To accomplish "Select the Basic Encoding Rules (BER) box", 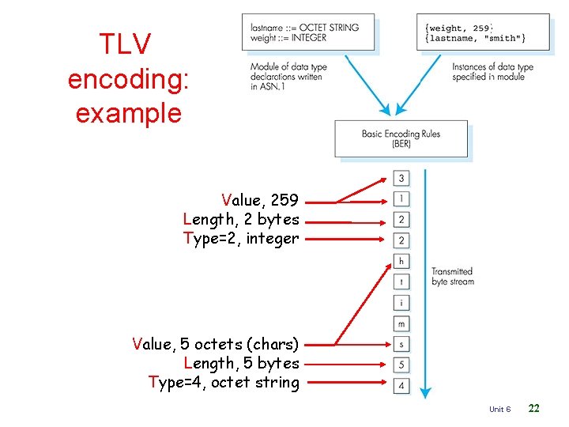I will pyautogui.click(x=401, y=138).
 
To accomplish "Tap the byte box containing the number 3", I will pyautogui.click(x=401, y=179).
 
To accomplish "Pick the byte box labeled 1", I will pyautogui.click(x=401, y=198).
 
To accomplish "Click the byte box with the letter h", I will pyautogui.click(x=401, y=261).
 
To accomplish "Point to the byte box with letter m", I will pyautogui.click(x=401, y=323).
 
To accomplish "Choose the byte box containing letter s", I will pyautogui.click(x=401, y=344).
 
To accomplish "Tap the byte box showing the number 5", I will pyautogui.click(x=401, y=365).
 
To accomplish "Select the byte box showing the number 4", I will pyautogui.click(x=401, y=385).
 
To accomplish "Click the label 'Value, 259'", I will pyautogui.click(x=260, y=200).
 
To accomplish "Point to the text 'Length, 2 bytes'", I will pyautogui.click(x=241, y=219).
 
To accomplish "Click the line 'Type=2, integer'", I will pyautogui.click(x=241, y=238).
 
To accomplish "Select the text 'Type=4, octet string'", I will pyautogui.click(x=224, y=383).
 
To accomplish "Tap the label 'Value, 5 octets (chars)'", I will pyautogui.click(x=215, y=344).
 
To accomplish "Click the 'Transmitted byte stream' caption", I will pyautogui.click(x=452, y=276).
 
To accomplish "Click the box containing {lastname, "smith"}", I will pyautogui.click(x=482, y=33).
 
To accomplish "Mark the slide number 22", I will pyautogui.click(x=534, y=408).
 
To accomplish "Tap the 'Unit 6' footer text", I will pyautogui.click(x=499, y=409).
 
